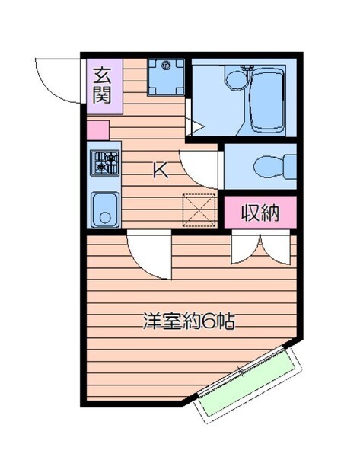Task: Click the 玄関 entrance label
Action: coord(102,85)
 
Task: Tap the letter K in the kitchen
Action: coord(161,171)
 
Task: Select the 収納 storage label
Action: coord(260,213)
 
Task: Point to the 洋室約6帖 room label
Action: coord(189,321)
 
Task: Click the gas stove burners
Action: coord(104,163)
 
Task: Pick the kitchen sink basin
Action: coord(105,209)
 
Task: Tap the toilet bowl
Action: coord(269,167)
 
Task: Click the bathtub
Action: coord(267,100)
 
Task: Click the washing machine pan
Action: coord(166,77)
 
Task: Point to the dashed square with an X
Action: coord(199,210)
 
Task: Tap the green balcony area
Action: coord(248,382)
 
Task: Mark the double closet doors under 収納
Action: coord(261,248)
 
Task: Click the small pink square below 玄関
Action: coord(98,130)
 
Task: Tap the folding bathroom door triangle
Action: coord(196,126)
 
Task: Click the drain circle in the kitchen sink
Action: coord(105,218)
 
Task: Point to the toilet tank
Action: coord(291,167)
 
